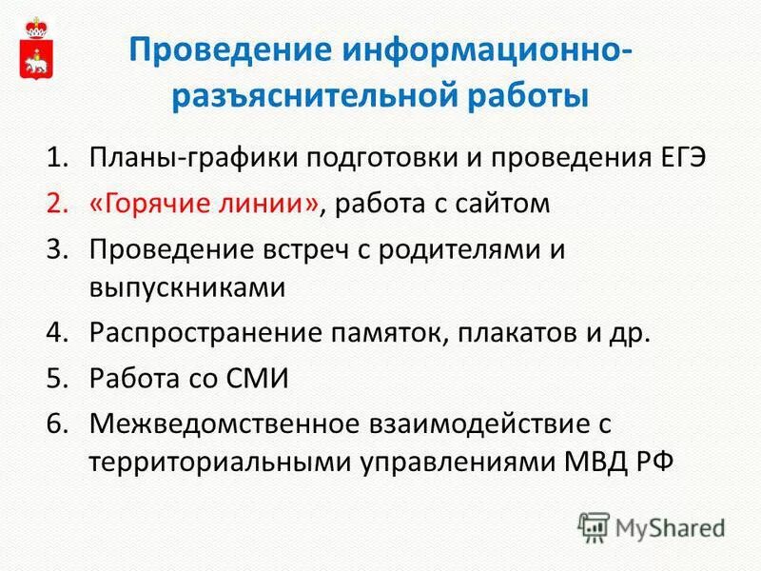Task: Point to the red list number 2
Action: tap(58, 204)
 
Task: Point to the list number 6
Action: tap(58, 423)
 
